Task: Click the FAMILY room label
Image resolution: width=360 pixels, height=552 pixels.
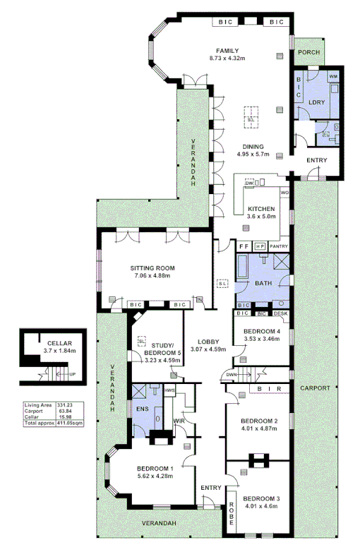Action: (227, 51)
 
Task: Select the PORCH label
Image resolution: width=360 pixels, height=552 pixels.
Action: (308, 53)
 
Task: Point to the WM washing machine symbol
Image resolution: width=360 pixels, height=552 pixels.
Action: (332, 76)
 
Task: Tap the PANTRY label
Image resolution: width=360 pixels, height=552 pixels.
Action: (280, 246)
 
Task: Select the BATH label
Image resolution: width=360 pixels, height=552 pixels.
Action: (263, 284)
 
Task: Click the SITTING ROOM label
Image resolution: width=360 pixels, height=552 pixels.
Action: (152, 268)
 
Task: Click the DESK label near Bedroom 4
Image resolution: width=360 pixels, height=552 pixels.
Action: (280, 313)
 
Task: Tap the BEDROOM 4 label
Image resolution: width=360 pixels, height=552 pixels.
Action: (262, 332)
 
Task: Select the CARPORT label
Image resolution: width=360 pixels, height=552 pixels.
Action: (314, 388)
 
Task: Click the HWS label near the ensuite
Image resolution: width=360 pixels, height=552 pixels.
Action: (169, 390)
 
